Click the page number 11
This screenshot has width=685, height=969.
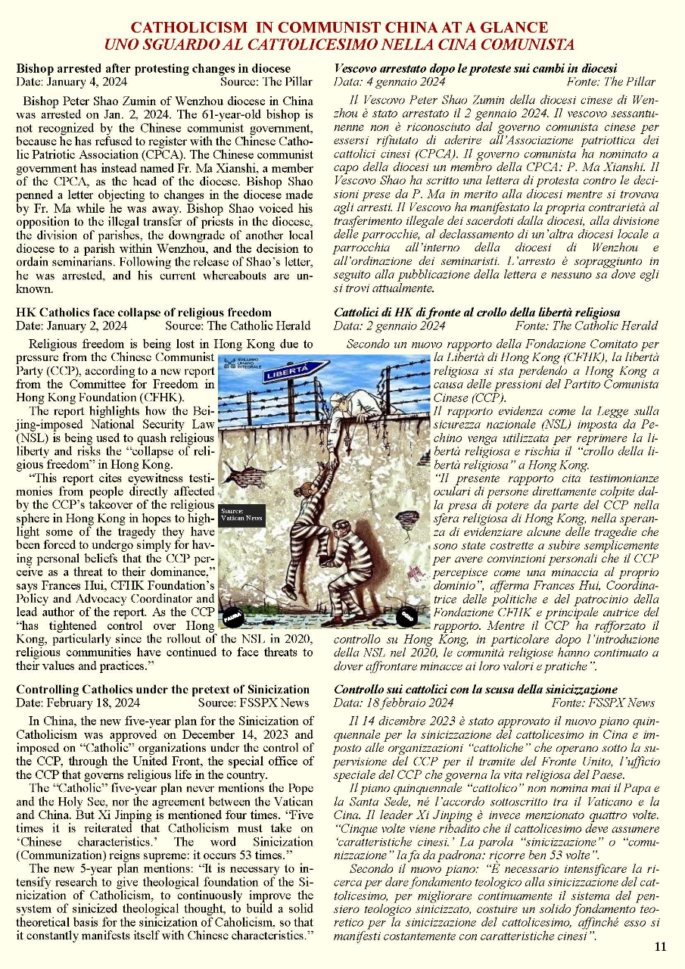tap(660, 946)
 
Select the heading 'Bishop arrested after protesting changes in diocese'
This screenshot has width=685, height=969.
tap(154, 68)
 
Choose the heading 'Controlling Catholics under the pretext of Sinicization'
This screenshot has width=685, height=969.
tap(163, 689)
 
